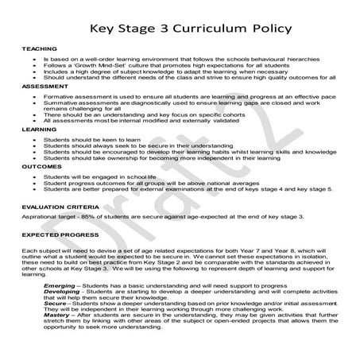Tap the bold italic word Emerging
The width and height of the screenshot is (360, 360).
coord(60,284)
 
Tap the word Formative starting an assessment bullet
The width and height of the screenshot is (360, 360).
coord(61,95)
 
